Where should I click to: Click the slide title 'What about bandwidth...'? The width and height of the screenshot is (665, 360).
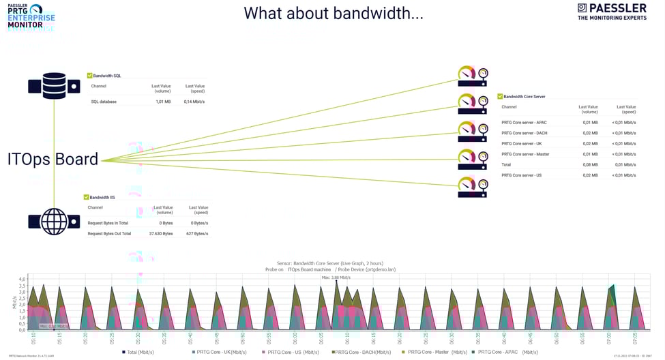pos(334,13)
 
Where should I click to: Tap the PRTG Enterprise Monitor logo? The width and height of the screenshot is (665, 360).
pos(31,16)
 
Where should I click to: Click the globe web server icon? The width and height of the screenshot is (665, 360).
pos(54,222)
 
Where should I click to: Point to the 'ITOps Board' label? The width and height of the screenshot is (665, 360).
pos(53,159)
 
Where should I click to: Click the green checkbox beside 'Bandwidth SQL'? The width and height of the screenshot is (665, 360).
pos(90,76)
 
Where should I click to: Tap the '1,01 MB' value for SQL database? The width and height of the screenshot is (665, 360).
pos(163,102)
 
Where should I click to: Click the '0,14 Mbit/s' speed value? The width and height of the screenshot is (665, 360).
pos(194,102)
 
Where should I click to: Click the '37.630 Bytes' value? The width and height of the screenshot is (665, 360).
pos(161,233)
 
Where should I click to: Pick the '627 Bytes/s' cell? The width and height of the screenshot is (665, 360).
pos(197,233)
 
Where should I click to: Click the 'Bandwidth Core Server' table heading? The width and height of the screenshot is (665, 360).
pos(524,97)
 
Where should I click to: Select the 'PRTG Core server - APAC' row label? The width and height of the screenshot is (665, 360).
pos(524,123)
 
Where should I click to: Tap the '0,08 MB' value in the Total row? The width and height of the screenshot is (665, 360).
pos(590,165)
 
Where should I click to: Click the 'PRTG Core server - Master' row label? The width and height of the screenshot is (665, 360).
pos(525,154)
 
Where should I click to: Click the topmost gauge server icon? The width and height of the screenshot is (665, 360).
pos(473,75)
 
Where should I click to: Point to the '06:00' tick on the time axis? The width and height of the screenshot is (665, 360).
pos(295,337)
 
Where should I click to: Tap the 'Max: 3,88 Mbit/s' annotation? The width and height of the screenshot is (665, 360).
pos(336,277)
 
